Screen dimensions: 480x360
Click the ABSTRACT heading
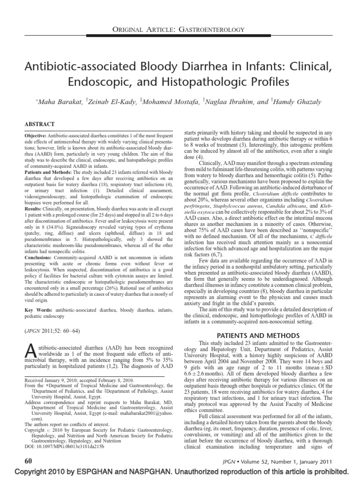tap(40, 124)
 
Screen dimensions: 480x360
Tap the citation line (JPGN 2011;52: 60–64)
tap(52, 331)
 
